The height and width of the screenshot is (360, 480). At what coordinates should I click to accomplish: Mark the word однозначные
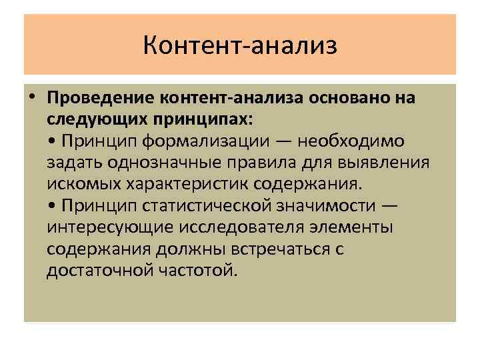point(157,163)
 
